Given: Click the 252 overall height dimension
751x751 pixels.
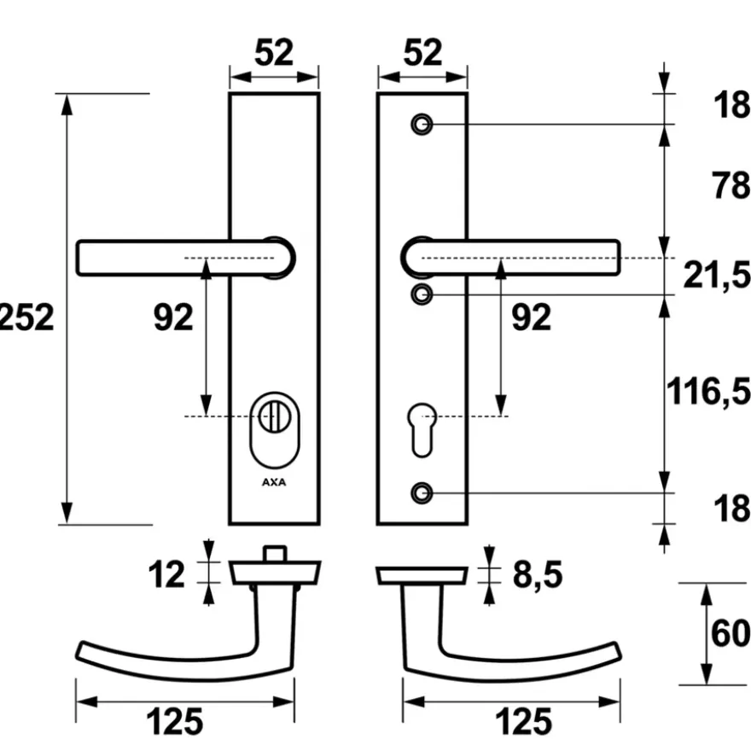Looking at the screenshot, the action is coord(26,317).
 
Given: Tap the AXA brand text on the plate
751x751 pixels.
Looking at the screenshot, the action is coord(274,482).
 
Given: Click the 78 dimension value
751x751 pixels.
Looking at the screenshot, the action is coord(731,185).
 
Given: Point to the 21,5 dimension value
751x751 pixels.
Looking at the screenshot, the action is coord(717,276).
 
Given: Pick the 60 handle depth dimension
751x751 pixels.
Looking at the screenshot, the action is coord(731,633).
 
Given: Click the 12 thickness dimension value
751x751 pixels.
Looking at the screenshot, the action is coord(166,573).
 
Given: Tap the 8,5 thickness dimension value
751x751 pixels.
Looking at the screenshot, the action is coord(538,574).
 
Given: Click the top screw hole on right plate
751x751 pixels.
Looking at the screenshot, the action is coord(422,125).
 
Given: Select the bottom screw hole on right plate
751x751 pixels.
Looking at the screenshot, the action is coord(422,493).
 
